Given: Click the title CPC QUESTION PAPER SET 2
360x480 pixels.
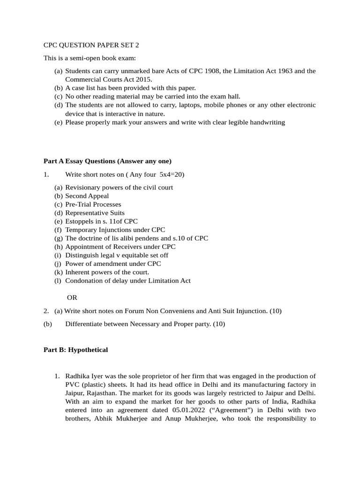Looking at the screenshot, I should click(91, 45).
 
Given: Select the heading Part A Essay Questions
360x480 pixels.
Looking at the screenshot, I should click(107, 161).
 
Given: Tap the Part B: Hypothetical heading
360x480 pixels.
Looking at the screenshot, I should click(75, 350).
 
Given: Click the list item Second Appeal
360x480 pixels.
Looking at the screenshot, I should click(87, 196).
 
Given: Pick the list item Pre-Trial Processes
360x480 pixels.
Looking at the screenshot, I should click(93, 204).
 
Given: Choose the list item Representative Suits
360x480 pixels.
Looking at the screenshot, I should click(95, 213).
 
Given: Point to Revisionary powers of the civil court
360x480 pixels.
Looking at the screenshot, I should click(119, 187).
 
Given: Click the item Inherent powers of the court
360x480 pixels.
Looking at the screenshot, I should click(107, 272).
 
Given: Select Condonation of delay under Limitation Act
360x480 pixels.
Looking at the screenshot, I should click(127, 281).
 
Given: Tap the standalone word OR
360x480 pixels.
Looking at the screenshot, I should click(72, 297).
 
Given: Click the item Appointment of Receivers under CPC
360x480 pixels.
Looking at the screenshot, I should click(120, 247).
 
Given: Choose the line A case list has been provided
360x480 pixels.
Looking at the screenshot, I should click(130, 88).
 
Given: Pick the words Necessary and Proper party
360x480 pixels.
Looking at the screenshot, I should click(167, 324).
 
